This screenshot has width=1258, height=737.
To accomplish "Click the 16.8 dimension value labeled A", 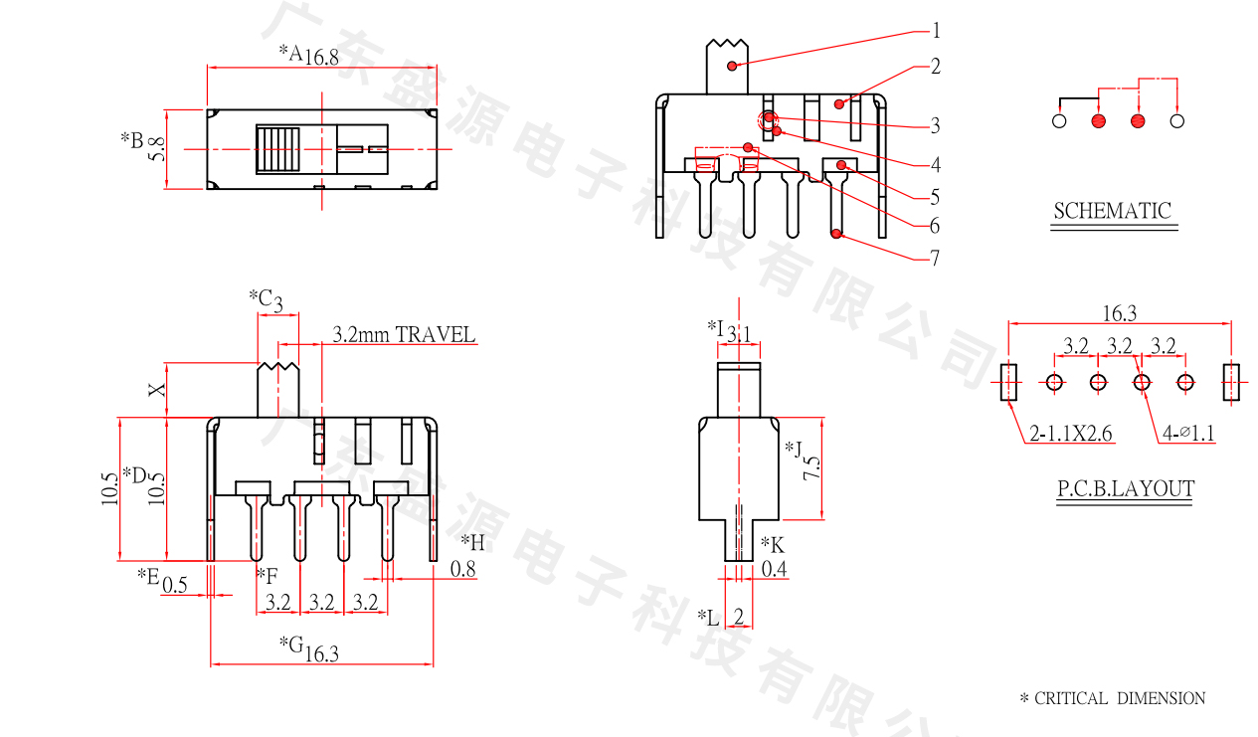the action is click(x=322, y=57).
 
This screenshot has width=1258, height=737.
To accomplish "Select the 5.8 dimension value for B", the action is click(x=157, y=149).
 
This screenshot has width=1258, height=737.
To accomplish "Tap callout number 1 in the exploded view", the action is click(x=936, y=30).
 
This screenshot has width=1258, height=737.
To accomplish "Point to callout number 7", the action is click(x=935, y=258).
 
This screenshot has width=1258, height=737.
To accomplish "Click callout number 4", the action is click(x=935, y=164).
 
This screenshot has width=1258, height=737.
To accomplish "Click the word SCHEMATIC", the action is click(x=1113, y=211).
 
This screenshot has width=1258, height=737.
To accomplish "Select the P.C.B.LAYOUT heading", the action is click(x=1126, y=488).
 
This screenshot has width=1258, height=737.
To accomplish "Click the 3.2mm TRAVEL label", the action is click(x=404, y=334).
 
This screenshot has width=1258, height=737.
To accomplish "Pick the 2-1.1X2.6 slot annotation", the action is click(x=1070, y=433).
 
